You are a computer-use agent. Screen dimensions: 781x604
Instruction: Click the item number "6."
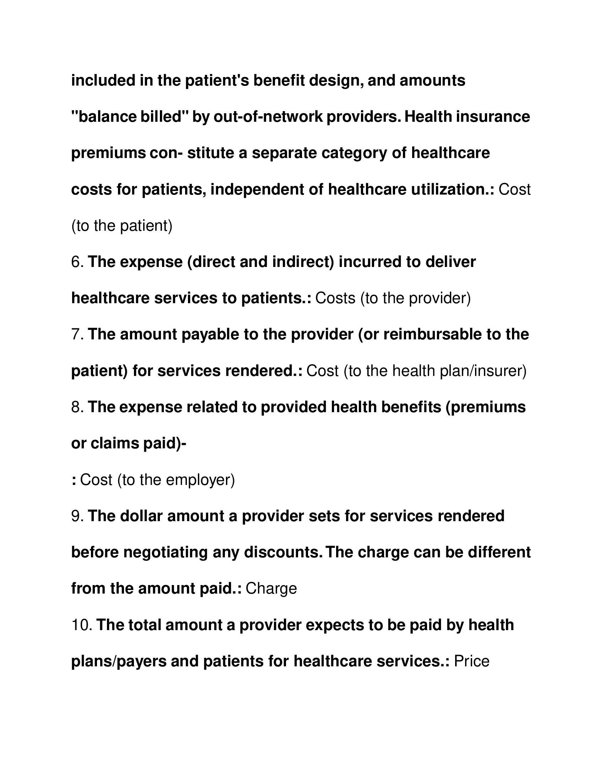point(77,262)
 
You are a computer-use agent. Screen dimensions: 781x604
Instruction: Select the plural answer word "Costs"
point(335,298)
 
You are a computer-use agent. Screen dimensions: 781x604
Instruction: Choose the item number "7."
point(77,335)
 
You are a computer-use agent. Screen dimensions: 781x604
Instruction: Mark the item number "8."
point(77,407)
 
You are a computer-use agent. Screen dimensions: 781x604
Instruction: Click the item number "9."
point(77,516)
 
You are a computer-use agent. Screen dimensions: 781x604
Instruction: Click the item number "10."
point(82,625)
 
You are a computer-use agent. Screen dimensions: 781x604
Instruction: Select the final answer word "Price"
point(471,661)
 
